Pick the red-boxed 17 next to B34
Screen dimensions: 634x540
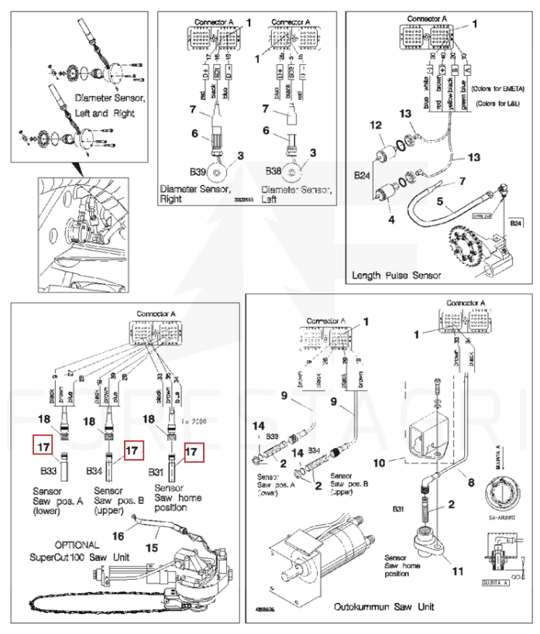click(133, 449)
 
